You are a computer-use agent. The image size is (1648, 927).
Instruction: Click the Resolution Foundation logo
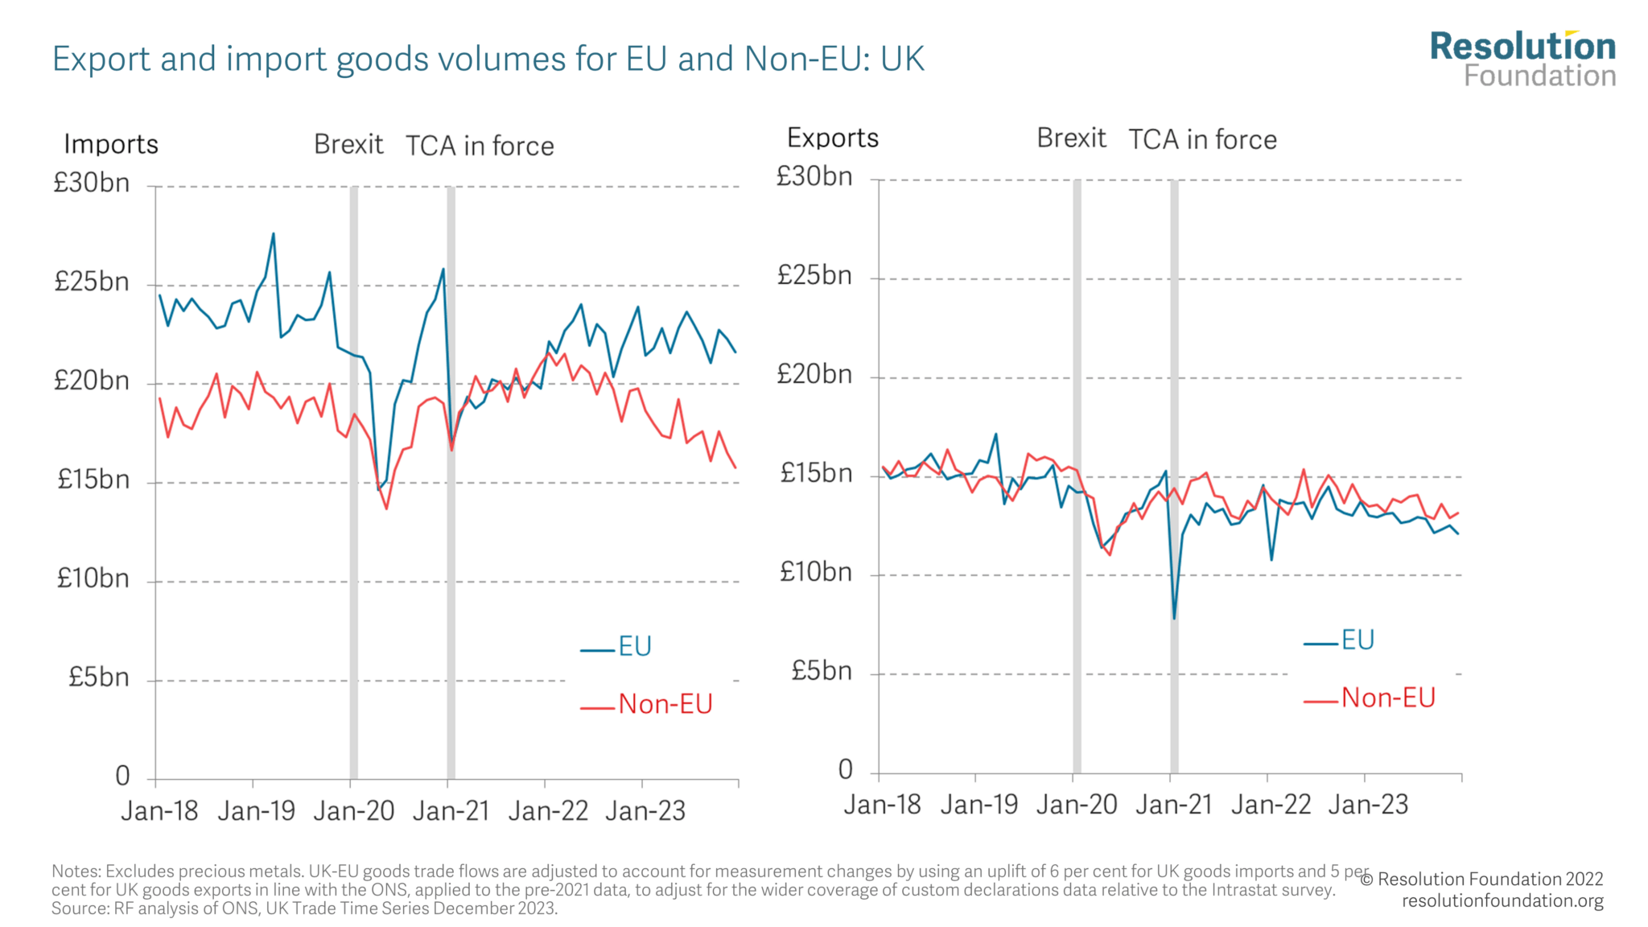(x=1522, y=59)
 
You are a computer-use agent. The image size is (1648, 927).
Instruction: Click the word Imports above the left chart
(x=111, y=144)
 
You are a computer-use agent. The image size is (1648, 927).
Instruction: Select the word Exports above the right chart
(x=832, y=138)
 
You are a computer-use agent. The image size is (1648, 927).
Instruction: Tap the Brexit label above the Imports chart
(x=348, y=144)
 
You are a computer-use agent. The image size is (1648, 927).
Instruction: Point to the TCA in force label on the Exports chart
(x=1201, y=140)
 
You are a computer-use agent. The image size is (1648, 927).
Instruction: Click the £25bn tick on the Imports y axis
(x=92, y=282)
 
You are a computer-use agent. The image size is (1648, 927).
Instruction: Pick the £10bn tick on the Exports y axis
(x=815, y=572)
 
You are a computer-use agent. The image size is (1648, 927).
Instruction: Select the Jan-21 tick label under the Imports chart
(x=451, y=810)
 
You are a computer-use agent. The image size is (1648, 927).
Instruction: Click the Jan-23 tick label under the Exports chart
(x=1368, y=804)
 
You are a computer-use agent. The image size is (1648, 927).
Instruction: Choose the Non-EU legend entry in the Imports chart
(x=665, y=704)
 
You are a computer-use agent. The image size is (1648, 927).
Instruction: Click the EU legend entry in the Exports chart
(x=1357, y=641)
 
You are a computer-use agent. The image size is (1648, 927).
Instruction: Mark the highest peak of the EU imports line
(x=274, y=234)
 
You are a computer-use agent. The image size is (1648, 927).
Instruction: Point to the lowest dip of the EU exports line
(x=1174, y=617)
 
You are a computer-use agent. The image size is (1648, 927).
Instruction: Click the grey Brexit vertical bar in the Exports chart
(x=1077, y=483)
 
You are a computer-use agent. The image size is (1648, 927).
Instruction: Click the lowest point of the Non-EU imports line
(x=386, y=508)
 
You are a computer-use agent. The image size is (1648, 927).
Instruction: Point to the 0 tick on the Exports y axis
(x=845, y=770)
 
